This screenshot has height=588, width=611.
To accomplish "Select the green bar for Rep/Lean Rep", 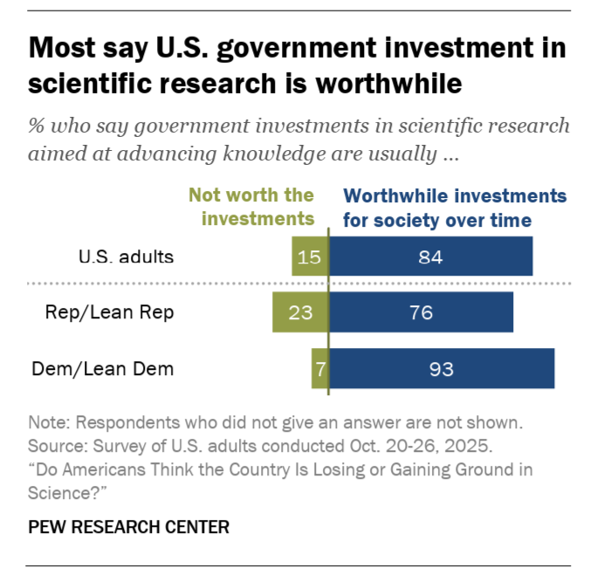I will (x=300, y=312).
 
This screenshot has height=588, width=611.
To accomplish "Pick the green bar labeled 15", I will (x=309, y=257).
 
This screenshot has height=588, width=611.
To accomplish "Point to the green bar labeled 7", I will (x=319, y=368).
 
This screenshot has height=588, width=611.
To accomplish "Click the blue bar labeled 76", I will (x=422, y=312).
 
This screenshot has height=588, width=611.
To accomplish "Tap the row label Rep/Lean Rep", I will (x=109, y=312).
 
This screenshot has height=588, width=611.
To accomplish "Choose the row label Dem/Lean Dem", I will (x=103, y=368).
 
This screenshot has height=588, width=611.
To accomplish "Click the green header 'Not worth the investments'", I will (x=251, y=207).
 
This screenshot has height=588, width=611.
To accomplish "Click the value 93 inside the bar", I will (x=442, y=369).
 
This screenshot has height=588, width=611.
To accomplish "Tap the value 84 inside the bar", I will (x=431, y=257).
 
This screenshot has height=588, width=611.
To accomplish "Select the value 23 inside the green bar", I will (x=300, y=312).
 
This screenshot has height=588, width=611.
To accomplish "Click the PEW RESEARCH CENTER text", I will (x=128, y=527).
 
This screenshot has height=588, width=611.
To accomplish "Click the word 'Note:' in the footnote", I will (x=50, y=423).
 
